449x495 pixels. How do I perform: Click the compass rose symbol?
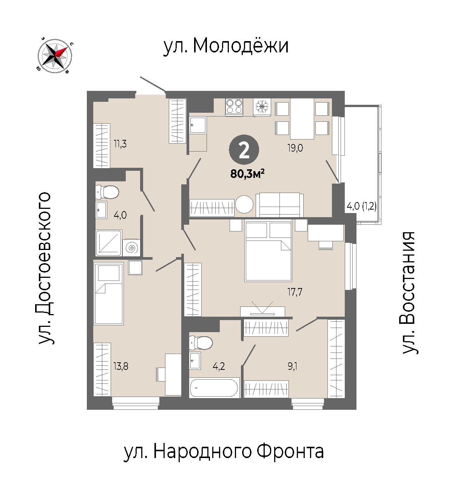coord(55,56)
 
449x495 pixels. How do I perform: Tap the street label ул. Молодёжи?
coord(226,46)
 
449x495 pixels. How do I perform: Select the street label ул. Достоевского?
coord(45,268)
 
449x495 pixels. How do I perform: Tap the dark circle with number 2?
coord(244,150)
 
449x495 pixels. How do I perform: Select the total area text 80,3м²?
coord(247,174)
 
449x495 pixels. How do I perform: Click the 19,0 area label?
coord(295,148)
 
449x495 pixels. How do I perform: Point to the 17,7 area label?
coord(295,292)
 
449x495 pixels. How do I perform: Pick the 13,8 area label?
coord(121,366)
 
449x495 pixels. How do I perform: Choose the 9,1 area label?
coord(292,366)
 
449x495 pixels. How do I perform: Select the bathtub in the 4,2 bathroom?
coord(214,388)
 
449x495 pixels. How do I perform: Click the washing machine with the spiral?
coord(131,247)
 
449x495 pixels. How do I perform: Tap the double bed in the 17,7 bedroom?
coord(268,251)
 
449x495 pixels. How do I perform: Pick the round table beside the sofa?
coord(244,204)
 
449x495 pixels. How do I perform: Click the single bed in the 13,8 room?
coord(108,293)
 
